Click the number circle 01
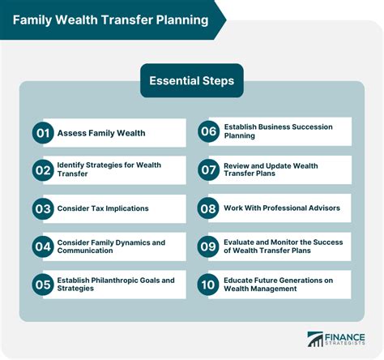point(43,132)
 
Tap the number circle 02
point(43,170)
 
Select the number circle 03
point(43,208)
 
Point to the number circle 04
point(43,246)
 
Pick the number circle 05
point(43,285)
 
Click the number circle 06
point(208,132)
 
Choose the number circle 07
point(208,170)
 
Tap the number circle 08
point(208,208)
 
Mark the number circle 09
point(208,246)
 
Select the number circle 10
point(208,285)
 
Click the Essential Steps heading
point(192,80)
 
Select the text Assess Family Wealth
point(100,132)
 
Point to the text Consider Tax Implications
point(103,208)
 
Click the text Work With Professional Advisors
point(281,208)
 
